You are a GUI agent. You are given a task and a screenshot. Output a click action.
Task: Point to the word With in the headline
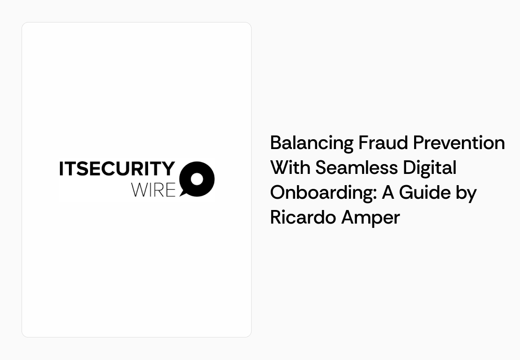290,167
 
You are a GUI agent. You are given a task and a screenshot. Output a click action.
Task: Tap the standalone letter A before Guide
388,193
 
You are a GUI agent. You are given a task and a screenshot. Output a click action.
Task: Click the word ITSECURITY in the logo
117,169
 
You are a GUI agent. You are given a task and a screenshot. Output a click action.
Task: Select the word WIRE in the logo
153,189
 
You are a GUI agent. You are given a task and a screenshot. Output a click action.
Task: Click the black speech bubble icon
197,178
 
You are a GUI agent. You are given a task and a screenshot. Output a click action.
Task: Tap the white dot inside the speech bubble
197,179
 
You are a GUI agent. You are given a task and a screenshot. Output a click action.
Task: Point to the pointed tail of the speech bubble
182,194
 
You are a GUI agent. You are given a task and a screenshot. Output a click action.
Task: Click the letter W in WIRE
140,189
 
